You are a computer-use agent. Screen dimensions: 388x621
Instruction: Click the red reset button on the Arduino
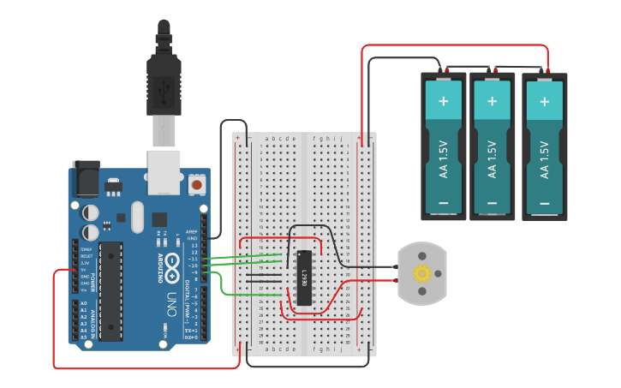(197, 184)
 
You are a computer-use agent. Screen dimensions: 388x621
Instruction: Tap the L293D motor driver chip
(303, 277)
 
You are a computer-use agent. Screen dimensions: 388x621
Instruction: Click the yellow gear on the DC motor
(421, 274)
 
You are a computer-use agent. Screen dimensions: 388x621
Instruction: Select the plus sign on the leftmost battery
(444, 100)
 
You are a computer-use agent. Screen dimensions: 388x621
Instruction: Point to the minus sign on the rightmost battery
(544, 204)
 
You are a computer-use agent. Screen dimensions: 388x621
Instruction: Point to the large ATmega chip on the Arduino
(110, 291)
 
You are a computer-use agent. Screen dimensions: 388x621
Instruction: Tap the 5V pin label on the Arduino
(85, 271)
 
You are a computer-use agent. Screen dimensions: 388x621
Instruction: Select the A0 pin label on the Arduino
(83, 303)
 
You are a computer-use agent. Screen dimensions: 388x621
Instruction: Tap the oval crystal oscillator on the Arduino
(138, 218)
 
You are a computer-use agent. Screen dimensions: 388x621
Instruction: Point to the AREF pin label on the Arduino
(192, 231)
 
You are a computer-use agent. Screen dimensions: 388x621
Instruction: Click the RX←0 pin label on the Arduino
(191, 337)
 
